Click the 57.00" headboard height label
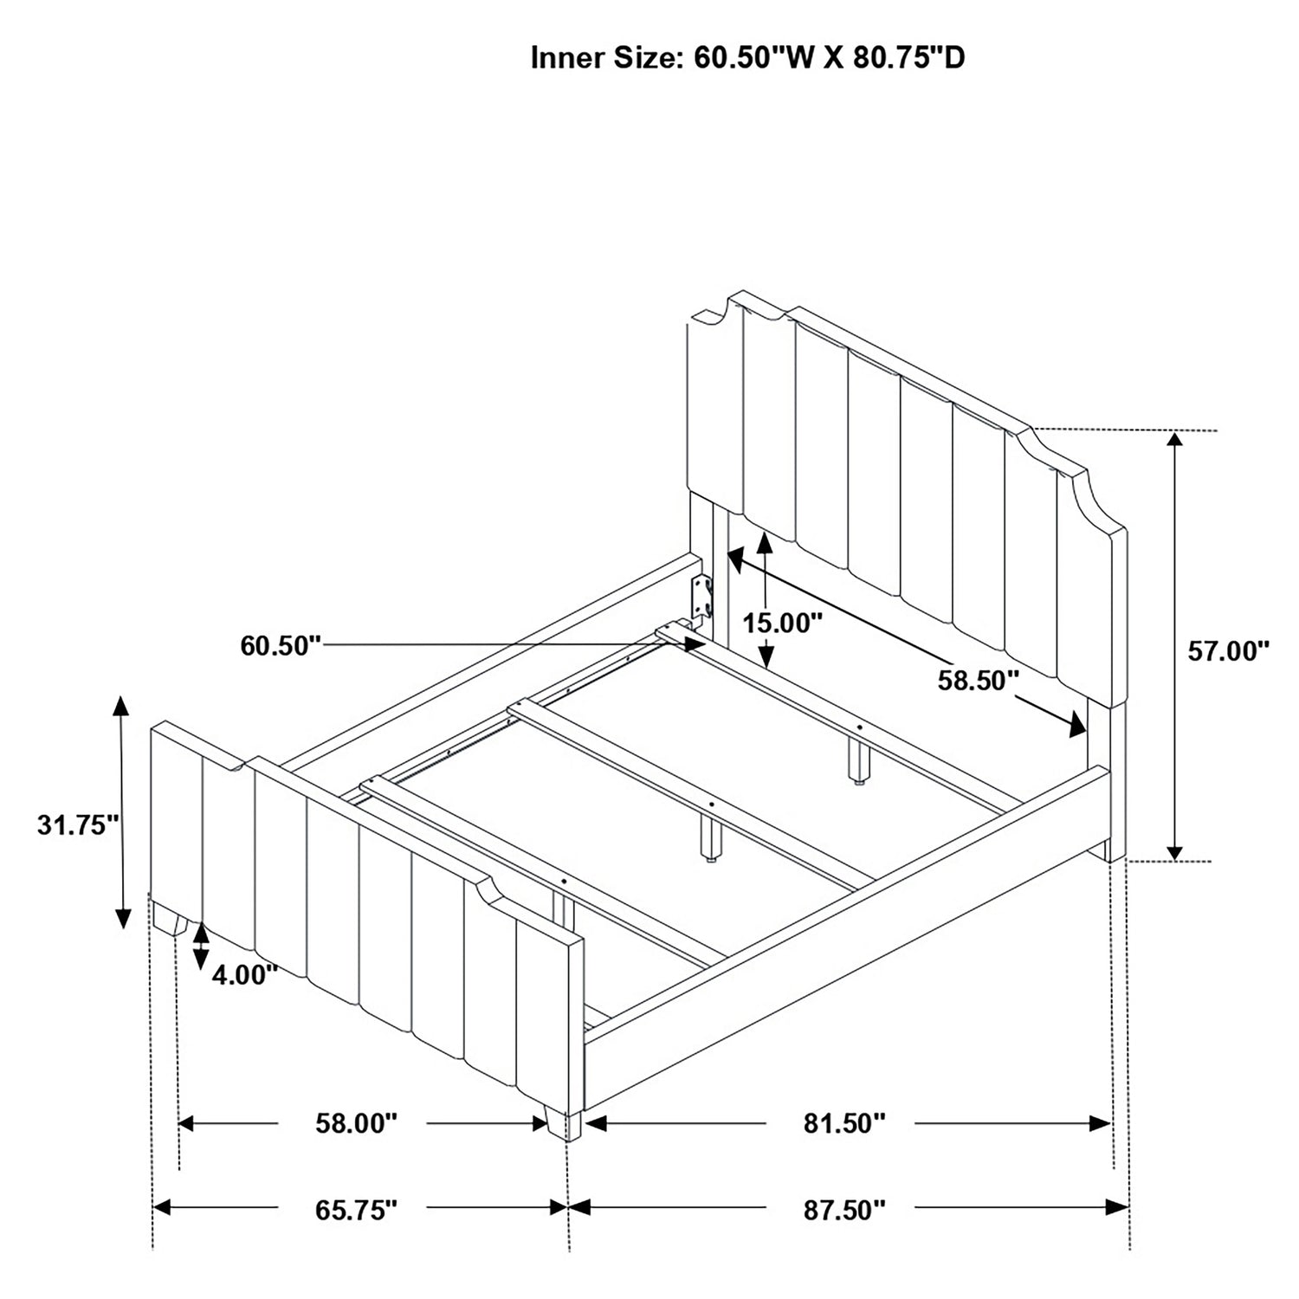pyautogui.click(x=1228, y=651)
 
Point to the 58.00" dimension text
pyautogui.click(x=355, y=1123)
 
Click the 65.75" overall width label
pyautogui.click(x=356, y=1209)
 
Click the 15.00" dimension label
pyautogui.click(x=782, y=622)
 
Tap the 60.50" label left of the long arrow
pyautogui.click(x=281, y=645)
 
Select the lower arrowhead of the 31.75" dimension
pyautogui.click(x=123, y=918)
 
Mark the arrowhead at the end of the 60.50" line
pyautogui.click(x=695, y=645)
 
